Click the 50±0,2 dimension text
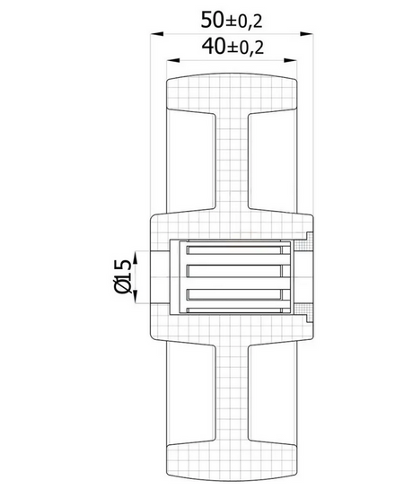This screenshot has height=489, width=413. tap(232, 20)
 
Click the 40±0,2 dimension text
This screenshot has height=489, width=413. tap(233, 47)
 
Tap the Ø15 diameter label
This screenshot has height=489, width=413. tap(122, 276)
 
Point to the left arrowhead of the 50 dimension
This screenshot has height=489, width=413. tap(157, 33)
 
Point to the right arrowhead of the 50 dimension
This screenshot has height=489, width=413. tap(306, 33)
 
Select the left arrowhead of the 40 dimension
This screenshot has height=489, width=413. tap(173, 60)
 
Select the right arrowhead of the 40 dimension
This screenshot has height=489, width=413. tap(290, 60)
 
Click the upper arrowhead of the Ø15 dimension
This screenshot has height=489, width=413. tap(136, 258)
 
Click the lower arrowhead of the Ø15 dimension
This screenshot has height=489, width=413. tap(136, 296)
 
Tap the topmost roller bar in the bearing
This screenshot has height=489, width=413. tap(234, 249)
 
